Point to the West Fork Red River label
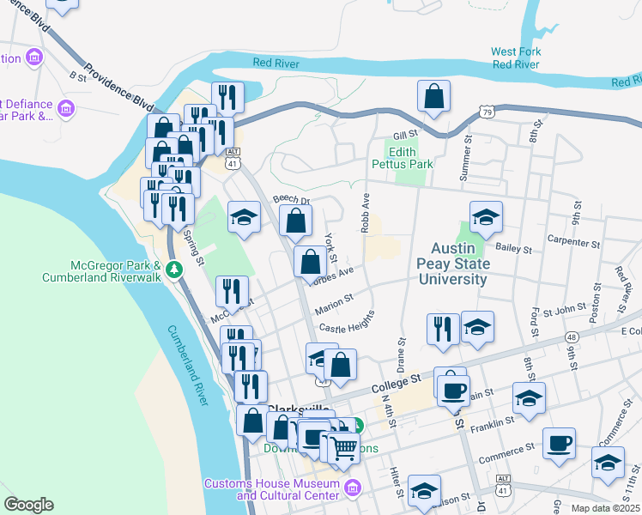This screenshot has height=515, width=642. click(516, 58)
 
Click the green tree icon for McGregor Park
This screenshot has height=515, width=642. click(175, 270)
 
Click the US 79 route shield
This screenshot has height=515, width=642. click(487, 112)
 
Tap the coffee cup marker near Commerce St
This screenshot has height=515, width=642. click(560, 443)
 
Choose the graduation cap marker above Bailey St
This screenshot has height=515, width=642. click(486, 217)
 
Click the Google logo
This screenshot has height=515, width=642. click(28, 504)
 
